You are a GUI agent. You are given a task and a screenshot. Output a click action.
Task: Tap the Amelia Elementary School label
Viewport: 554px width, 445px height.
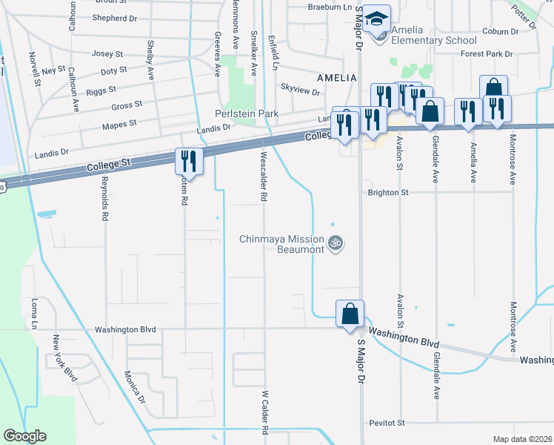(433, 35)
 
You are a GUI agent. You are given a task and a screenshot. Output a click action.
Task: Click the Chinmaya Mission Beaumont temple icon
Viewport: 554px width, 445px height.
(336, 243)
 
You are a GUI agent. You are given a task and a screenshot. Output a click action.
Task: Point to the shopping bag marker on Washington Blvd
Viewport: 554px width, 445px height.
(350, 314)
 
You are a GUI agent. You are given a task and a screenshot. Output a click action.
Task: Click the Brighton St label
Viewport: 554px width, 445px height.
(389, 192)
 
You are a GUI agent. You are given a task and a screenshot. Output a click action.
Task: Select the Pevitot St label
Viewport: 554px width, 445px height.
(387, 423)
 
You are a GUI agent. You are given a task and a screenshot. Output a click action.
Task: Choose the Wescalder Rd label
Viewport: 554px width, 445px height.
(263, 177)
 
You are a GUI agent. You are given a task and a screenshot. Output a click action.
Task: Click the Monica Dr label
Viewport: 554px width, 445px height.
(135, 387)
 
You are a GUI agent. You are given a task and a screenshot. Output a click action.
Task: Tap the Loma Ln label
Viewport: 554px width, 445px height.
(34, 314)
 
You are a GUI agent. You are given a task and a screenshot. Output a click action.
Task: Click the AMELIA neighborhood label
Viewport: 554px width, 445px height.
(337, 77)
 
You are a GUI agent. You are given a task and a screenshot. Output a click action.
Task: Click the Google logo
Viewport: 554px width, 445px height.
(24, 436)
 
